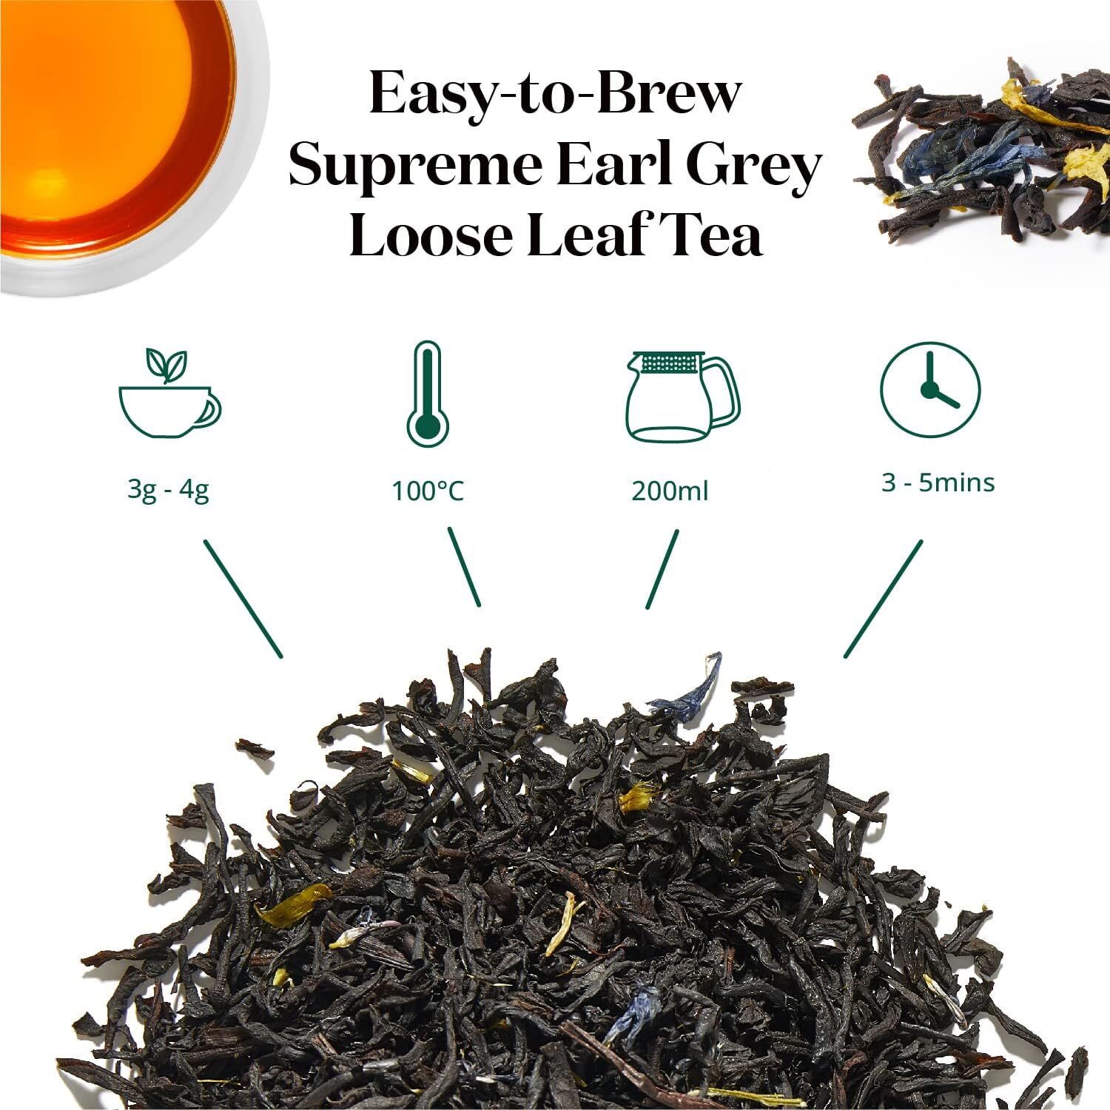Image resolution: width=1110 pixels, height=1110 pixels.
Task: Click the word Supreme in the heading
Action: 415,166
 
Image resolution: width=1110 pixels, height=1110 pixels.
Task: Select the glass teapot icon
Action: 682,397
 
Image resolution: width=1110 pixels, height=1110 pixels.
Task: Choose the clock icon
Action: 930,388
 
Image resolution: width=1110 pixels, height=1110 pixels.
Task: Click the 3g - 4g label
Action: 168,490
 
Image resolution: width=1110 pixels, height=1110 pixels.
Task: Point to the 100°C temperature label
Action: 427,491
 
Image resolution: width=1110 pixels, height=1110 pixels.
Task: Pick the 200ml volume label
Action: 670,491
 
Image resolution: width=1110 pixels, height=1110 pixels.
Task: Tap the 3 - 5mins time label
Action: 938,482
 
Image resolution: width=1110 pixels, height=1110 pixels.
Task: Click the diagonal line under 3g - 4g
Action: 243,598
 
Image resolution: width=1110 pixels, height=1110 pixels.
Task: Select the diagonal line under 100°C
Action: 464,567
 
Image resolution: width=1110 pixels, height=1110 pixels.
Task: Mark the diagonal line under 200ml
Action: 662,569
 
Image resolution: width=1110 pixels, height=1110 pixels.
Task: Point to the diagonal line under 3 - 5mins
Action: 884,598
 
